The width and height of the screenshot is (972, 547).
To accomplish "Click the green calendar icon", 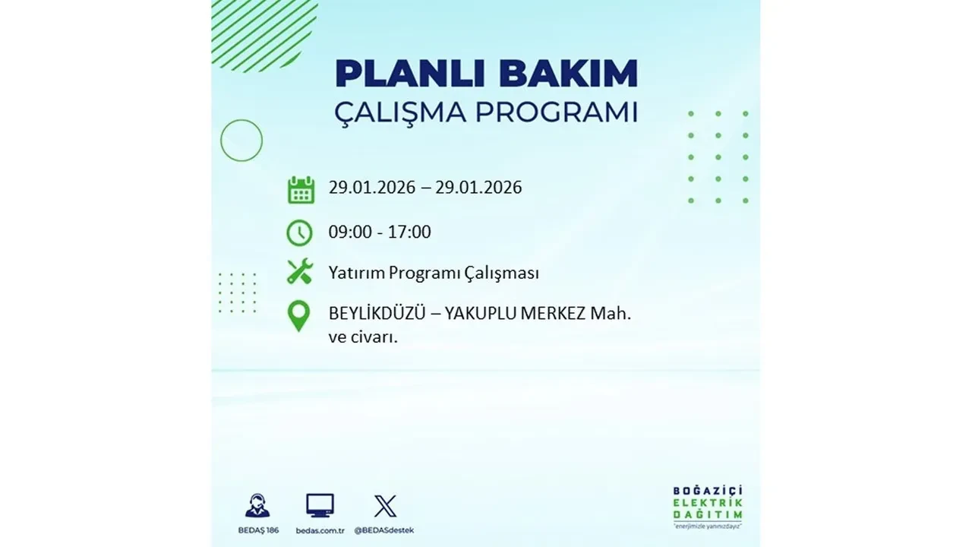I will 301,189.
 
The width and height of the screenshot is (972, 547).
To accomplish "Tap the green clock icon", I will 299,232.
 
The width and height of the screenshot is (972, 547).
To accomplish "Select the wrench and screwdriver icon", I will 300,271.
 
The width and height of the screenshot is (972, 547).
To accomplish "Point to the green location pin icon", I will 299,316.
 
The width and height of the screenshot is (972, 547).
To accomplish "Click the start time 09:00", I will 350,232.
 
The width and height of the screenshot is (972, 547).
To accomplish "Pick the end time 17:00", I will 409,232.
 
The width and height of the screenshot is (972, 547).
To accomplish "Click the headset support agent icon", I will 257,505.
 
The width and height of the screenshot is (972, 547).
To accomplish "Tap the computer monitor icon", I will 320,505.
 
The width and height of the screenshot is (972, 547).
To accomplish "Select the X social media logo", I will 385,506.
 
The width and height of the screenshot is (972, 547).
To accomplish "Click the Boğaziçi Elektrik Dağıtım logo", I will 708,506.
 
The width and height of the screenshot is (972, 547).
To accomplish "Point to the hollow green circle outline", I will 241,141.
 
